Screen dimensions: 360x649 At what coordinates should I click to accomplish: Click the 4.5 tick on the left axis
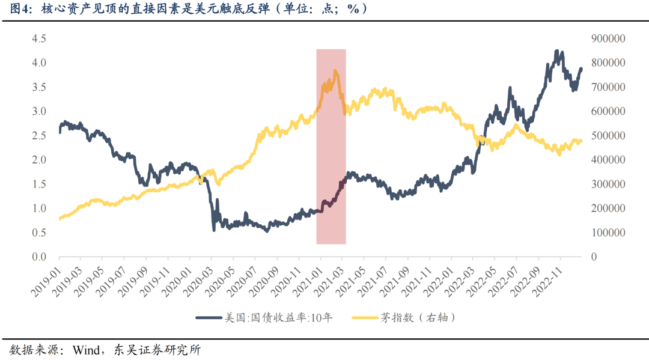39,38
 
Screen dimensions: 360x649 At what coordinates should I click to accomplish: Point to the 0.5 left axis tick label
39,233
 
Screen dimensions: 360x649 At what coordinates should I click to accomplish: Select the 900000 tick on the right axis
609,38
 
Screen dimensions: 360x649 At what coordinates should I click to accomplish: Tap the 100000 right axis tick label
609,233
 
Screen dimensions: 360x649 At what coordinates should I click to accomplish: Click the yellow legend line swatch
364,317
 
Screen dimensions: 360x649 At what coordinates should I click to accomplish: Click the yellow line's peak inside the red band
335,71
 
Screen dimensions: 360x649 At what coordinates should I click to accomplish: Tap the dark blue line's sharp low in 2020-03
214,230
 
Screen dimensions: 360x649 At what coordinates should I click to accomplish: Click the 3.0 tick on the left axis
39,111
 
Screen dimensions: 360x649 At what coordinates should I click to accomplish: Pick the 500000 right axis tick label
609,136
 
